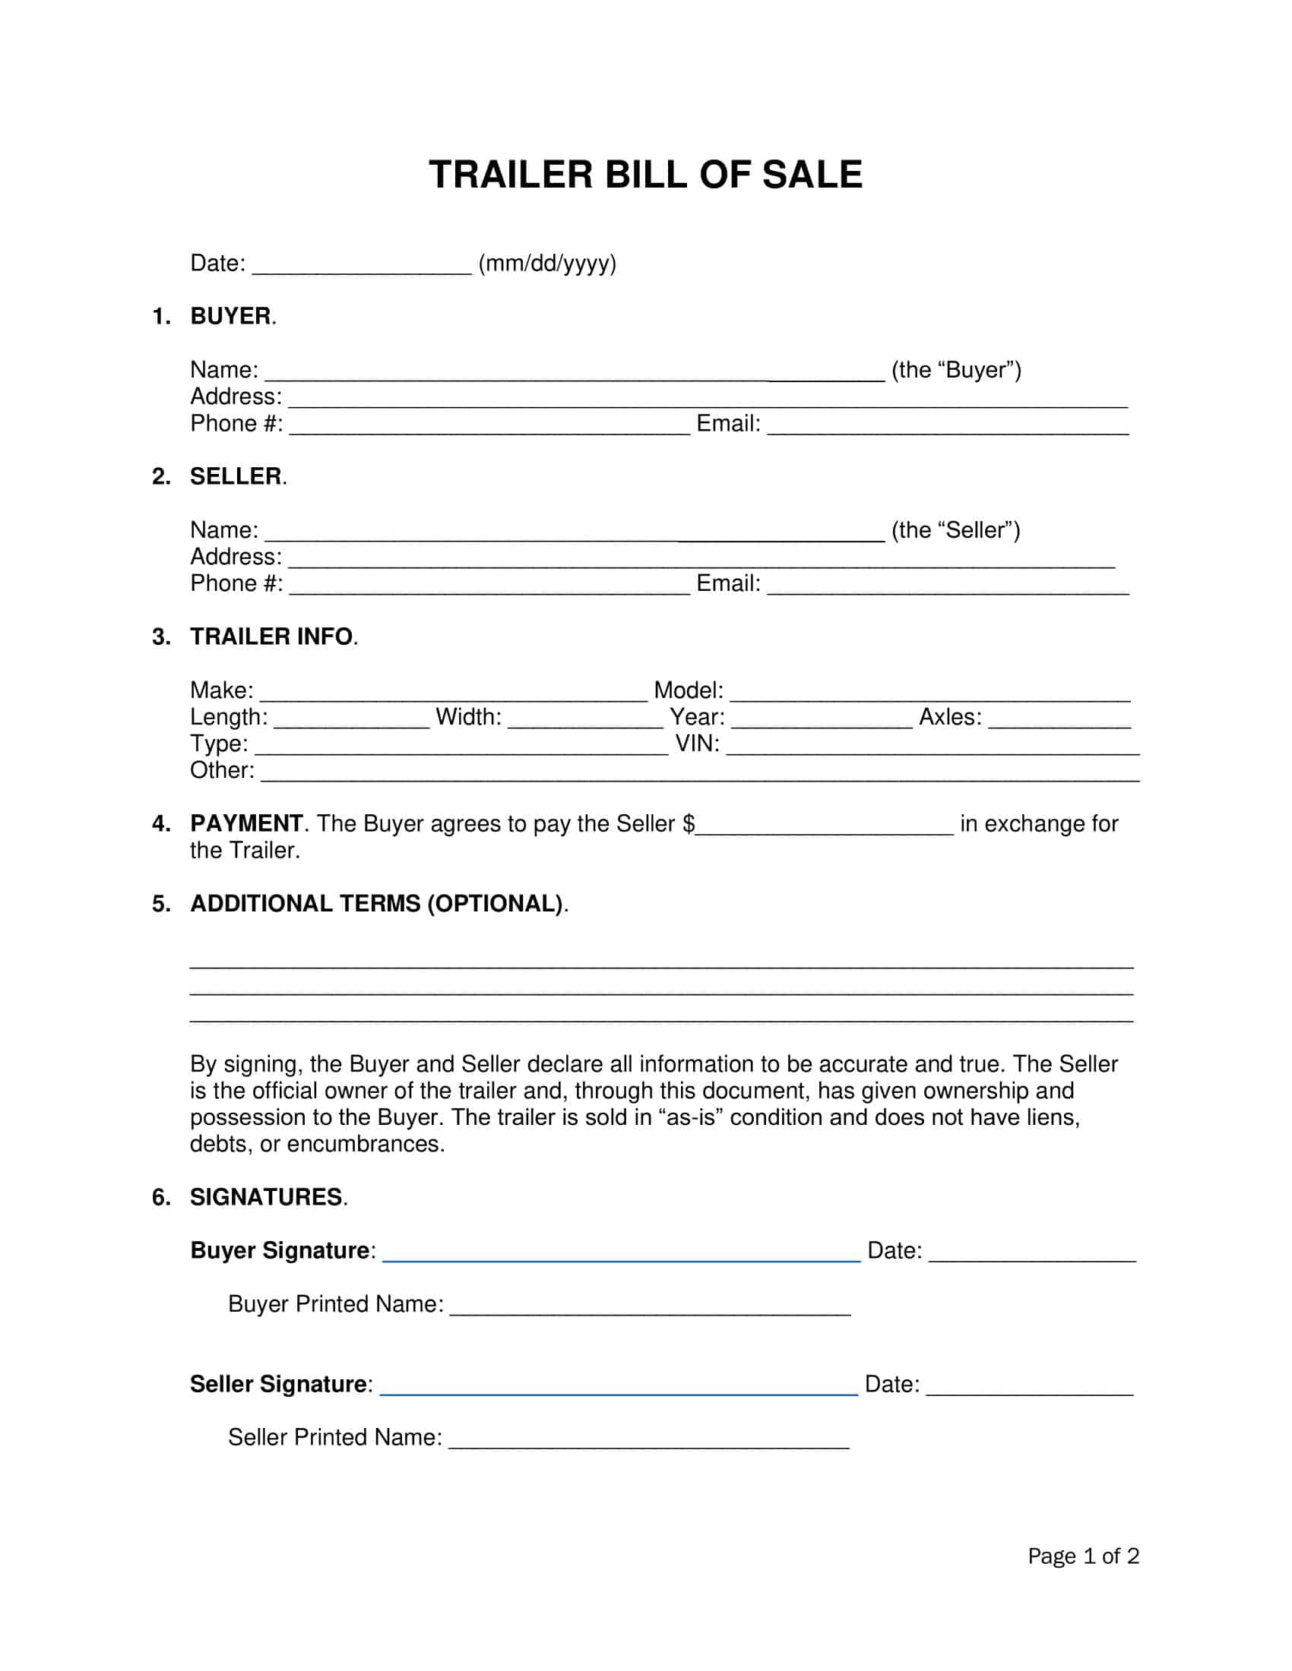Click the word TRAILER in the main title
[511, 175]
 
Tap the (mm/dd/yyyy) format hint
[546, 264]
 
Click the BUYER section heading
[230, 316]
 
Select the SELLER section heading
[236, 477]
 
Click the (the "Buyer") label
[955, 371]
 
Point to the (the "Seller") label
[955, 530]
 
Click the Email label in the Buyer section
[727, 424]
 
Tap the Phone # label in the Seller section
[236, 584]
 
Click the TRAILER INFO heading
[271, 636]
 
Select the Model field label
[687, 690]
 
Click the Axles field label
[949, 717]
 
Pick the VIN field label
[696, 744]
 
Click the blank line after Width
[584, 723]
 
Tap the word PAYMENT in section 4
[245, 823]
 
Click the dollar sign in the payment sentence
[688, 824]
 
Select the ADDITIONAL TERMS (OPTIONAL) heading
[376, 904]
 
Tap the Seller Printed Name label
[334, 1438]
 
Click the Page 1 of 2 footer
[1082, 1556]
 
